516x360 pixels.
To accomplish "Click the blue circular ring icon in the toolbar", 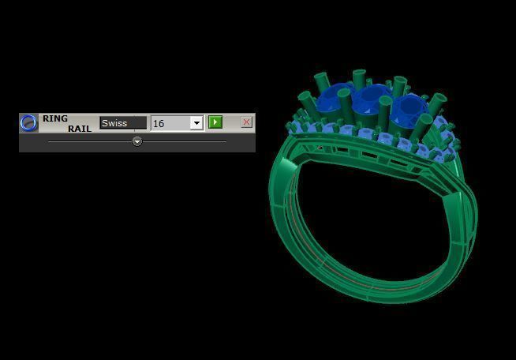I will (28, 122).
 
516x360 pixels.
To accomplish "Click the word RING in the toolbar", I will (55, 118).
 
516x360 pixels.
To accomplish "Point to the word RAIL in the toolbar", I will (79, 128).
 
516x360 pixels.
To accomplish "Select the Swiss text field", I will (122, 123).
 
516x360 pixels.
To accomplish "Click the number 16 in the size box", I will (159, 123).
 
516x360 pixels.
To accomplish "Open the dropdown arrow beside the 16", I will (196, 123).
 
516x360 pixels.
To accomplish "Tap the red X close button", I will (246, 122).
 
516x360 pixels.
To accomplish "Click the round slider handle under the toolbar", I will (137, 141).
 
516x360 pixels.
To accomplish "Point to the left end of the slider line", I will (49, 141).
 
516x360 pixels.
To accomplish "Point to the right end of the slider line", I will (226, 141).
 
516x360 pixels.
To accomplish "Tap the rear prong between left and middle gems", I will (359, 78).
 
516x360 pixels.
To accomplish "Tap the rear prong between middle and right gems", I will (399, 84).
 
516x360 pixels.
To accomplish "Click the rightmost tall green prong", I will (438, 101).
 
